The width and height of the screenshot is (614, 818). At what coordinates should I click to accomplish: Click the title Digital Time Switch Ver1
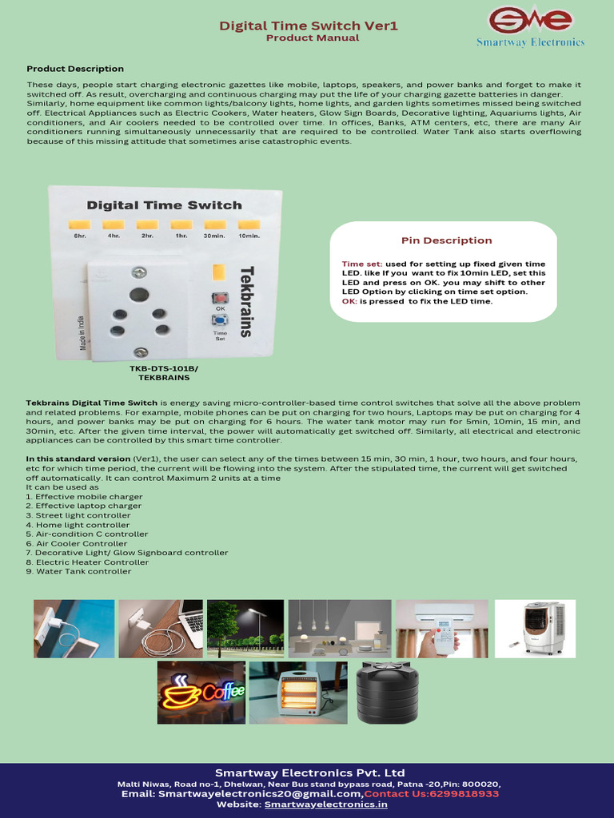point(309,26)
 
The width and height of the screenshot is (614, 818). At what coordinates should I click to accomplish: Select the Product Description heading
point(75,69)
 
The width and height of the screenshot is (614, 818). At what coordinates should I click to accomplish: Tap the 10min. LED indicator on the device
point(249,224)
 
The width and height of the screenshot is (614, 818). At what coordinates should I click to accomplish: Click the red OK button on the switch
point(219,298)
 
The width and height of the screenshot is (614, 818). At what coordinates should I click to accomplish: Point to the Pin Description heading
point(446,240)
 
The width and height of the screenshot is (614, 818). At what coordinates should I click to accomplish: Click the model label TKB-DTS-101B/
point(163,368)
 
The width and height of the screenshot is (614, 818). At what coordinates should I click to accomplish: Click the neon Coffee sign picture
point(201,692)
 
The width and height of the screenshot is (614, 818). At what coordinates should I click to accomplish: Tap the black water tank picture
point(387,692)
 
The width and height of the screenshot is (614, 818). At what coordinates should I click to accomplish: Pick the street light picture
point(245,629)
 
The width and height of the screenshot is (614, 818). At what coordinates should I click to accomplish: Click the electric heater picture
point(297,692)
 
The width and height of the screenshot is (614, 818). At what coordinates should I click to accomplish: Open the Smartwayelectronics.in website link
point(326,805)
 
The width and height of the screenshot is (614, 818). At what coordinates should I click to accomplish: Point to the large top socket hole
point(139,295)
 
